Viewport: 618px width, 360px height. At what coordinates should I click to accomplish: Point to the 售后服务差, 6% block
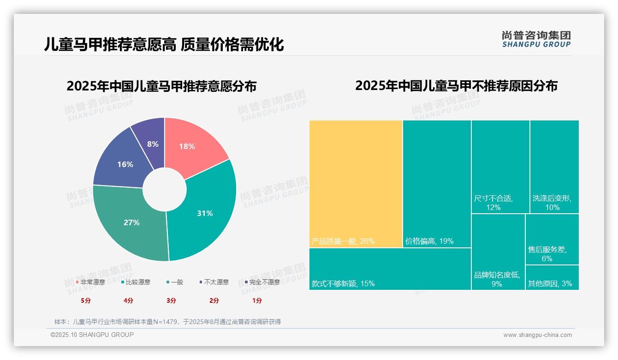click(552, 240)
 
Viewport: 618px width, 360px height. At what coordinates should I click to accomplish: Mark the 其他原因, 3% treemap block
click(552, 277)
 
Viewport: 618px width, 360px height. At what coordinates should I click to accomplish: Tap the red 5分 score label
click(86, 300)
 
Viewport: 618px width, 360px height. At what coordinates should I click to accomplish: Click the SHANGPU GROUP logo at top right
click(536, 39)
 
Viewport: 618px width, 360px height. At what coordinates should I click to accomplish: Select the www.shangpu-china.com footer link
click(537, 335)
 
